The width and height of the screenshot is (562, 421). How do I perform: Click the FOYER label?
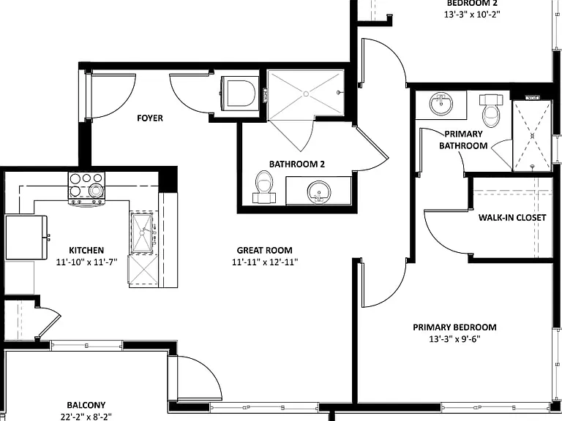(x=150, y=118)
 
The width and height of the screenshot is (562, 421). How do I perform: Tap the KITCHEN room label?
(x=86, y=250)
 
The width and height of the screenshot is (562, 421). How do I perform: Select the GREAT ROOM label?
(x=264, y=250)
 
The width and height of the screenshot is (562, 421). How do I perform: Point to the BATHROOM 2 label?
(x=297, y=164)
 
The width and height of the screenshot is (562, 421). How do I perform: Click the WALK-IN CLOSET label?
(x=512, y=218)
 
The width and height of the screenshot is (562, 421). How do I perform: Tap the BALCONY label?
(x=86, y=405)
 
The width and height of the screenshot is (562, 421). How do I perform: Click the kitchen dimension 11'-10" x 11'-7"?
(x=87, y=262)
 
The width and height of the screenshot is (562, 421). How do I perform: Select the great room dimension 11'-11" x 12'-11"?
(x=265, y=262)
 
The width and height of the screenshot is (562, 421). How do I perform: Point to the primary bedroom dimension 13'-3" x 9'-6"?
(x=454, y=339)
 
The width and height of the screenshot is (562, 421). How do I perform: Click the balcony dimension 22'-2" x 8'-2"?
(x=86, y=417)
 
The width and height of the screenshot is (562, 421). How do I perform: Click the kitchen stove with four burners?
(x=87, y=189)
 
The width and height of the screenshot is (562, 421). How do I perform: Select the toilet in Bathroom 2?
(x=264, y=186)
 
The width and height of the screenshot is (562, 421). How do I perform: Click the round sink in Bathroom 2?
(x=318, y=191)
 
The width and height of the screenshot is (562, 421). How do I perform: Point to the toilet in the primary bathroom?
(x=491, y=110)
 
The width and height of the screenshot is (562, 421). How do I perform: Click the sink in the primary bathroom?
(x=441, y=104)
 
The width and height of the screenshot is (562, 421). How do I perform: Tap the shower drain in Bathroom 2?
(x=306, y=94)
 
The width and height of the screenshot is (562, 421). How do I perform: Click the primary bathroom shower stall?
(x=532, y=136)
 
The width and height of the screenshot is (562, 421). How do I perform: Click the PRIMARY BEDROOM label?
(x=454, y=327)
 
